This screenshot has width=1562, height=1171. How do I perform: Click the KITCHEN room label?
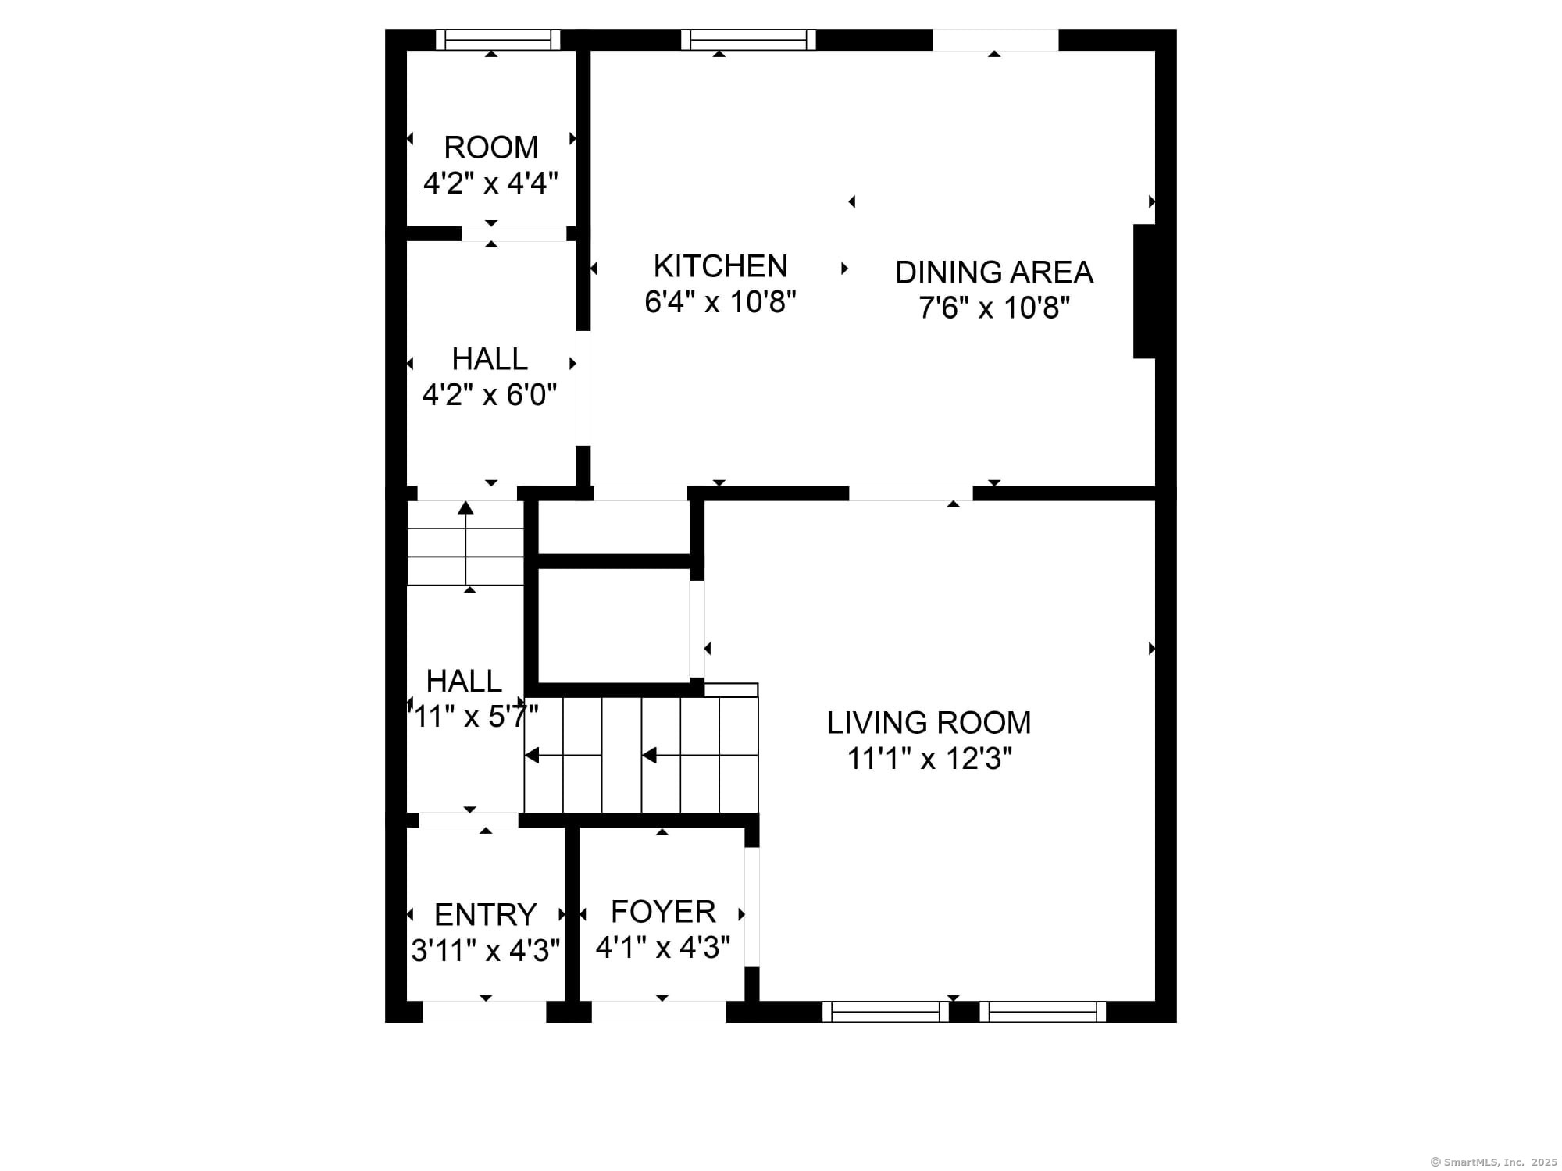pyautogui.click(x=720, y=266)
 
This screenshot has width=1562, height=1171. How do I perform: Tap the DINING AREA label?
pyautogui.click(x=993, y=272)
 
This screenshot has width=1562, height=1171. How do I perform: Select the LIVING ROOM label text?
pyautogui.click(x=929, y=723)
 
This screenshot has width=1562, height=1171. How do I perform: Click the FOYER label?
pyautogui.click(x=662, y=912)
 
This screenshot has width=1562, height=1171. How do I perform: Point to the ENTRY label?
pyautogui.click(x=485, y=914)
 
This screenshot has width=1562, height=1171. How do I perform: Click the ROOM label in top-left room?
pyautogui.click(x=490, y=148)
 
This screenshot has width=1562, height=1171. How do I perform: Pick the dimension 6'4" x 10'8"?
pyautogui.click(x=720, y=302)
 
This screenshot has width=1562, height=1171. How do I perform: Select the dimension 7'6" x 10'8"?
pyautogui.click(x=993, y=308)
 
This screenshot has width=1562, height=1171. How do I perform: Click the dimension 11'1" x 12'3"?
pyautogui.click(x=929, y=759)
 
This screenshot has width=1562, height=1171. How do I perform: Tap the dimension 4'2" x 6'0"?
pyautogui.click(x=490, y=395)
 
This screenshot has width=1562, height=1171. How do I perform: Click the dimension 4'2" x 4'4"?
pyautogui.click(x=490, y=183)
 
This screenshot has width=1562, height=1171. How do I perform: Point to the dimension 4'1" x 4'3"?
pyautogui.click(x=662, y=948)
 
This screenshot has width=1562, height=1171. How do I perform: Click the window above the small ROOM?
pyautogui.click(x=497, y=40)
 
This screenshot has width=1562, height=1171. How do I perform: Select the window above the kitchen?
pyautogui.click(x=747, y=40)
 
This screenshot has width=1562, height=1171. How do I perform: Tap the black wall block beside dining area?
pyautogui.click(x=1144, y=291)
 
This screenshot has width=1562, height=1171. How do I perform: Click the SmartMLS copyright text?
pyautogui.click(x=1492, y=1162)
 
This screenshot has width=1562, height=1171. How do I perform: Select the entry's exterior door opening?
pyautogui.click(x=484, y=1013)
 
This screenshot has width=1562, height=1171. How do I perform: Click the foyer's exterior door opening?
pyautogui.click(x=658, y=1013)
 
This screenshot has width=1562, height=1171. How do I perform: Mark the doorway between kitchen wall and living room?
pyautogui.click(x=911, y=493)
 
